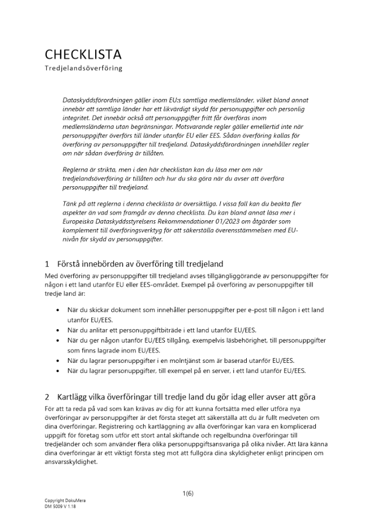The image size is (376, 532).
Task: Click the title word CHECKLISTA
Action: click(x=83, y=54)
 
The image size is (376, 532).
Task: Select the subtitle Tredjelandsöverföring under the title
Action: click(x=83, y=68)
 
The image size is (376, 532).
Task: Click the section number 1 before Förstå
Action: click(x=47, y=264)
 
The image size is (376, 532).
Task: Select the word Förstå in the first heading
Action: click(x=71, y=264)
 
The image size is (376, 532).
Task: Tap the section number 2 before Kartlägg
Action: click(x=47, y=397)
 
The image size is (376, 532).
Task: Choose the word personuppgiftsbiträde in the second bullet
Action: click(x=140, y=330)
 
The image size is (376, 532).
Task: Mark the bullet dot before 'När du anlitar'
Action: click(x=57, y=330)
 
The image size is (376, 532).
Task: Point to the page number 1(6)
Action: click(x=188, y=493)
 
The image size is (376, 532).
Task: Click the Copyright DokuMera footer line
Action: click(x=65, y=501)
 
